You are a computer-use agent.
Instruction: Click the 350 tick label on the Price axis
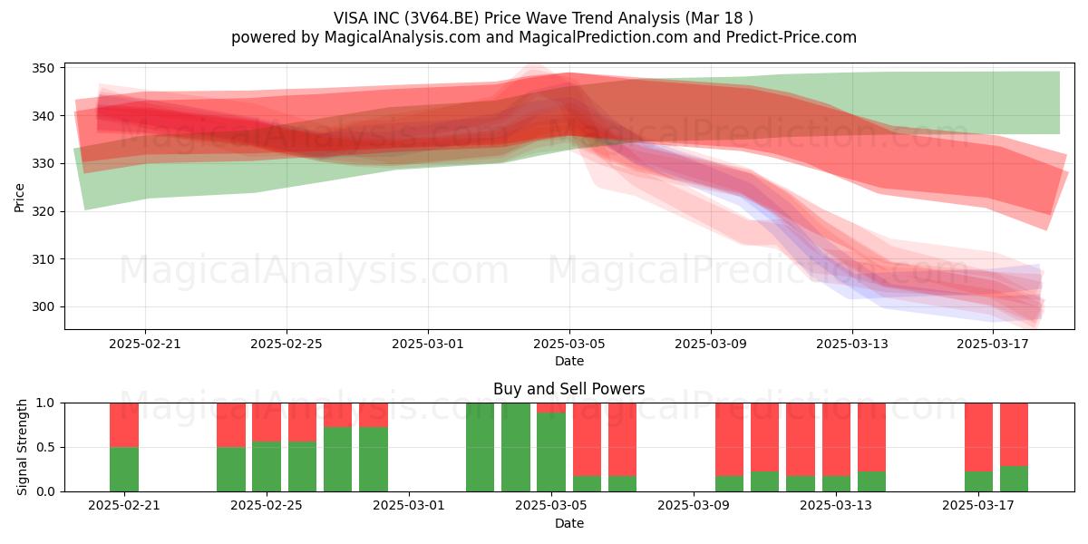click(x=43, y=68)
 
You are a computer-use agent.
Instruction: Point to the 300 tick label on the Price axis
click(x=43, y=307)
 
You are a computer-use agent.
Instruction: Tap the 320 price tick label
click(x=43, y=211)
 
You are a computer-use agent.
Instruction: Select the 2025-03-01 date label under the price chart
click(x=428, y=344)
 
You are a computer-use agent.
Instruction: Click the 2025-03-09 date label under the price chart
click(x=711, y=344)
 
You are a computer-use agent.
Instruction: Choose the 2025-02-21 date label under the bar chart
click(x=124, y=505)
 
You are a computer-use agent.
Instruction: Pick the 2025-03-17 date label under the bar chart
click(x=978, y=505)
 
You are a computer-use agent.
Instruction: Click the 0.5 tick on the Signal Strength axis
click(x=45, y=447)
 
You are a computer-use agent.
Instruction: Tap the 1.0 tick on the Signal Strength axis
click(x=45, y=403)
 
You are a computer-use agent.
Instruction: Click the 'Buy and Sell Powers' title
click(x=568, y=389)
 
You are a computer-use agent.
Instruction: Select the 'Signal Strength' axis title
click(x=22, y=447)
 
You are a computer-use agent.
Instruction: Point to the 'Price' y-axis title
click(x=19, y=198)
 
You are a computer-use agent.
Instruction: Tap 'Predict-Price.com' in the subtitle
click(x=792, y=37)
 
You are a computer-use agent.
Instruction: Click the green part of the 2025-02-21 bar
click(x=124, y=470)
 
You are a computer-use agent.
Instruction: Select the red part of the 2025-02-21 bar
click(x=124, y=425)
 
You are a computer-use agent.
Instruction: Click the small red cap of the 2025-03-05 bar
click(x=551, y=408)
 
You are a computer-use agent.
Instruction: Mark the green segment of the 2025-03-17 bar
click(x=978, y=481)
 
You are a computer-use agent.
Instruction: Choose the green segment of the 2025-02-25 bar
click(x=267, y=466)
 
